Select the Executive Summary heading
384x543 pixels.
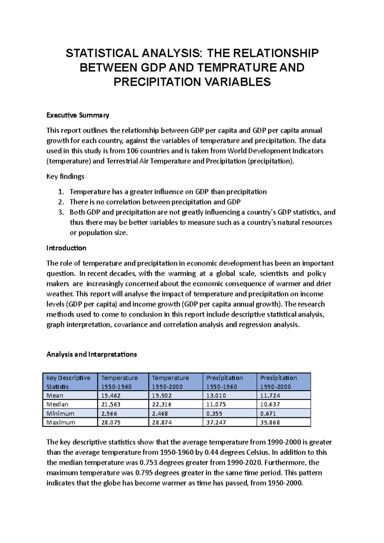click(78, 115)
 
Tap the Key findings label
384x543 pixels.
click(65, 177)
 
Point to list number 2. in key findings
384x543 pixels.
click(61, 202)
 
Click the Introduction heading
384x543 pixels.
click(66, 248)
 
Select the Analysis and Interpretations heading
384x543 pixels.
click(92, 354)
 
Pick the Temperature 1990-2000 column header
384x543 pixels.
click(170, 382)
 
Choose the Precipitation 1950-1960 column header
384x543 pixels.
click(224, 382)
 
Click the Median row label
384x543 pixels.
click(57, 404)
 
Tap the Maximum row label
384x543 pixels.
click(61, 422)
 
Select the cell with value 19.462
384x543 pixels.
click(111, 396)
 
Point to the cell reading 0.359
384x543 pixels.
click(214, 413)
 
